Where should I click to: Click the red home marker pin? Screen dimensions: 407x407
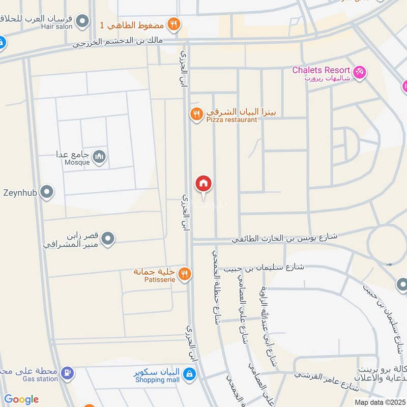click(203, 184)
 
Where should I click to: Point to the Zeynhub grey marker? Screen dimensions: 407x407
click(47, 192)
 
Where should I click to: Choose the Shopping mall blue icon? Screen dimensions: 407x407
click(189, 374)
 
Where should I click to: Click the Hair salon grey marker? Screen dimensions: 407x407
click(82, 21)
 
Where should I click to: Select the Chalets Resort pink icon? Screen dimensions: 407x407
click(360, 72)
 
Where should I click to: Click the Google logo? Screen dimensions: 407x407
click(21, 399)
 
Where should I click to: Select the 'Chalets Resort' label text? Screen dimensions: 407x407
click(321, 70)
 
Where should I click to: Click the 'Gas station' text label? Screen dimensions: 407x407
click(40, 379)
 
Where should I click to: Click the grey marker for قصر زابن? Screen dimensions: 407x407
click(108, 238)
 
